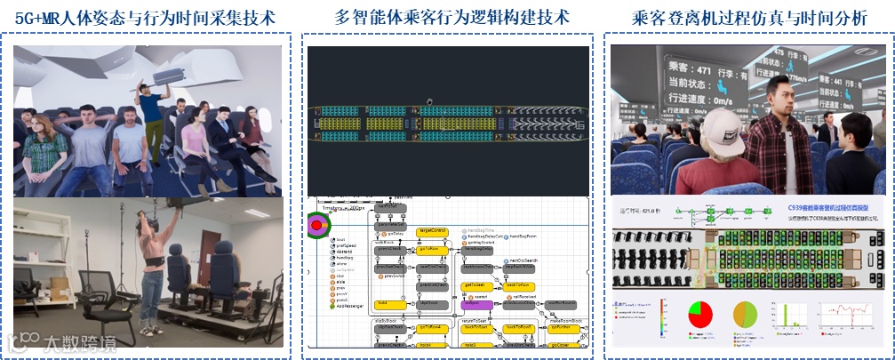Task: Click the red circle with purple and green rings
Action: pyautogui.click(x=316, y=226)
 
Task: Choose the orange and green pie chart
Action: pyautogui.click(x=744, y=316)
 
